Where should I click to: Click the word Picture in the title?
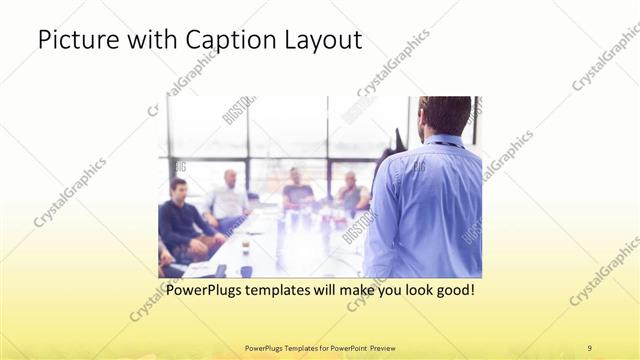coord(73,41)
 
